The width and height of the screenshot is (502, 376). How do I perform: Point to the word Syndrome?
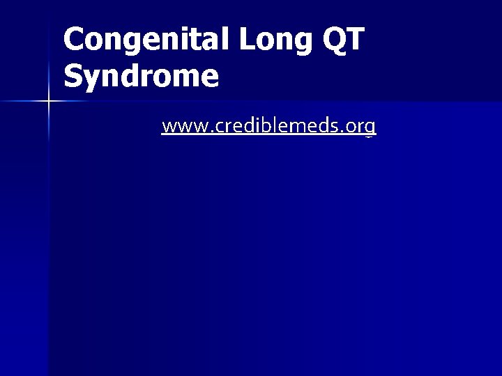[141, 75]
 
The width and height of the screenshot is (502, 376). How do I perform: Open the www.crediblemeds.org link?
[268, 126]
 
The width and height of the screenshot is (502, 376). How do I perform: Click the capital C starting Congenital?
[74, 40]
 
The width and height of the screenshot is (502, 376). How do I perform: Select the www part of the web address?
[179, 127]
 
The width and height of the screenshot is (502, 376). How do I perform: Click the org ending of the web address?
[360, 127]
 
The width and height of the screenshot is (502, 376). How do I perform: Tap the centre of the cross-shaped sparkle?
[48, 102]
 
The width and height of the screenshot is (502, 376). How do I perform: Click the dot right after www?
[199, 131]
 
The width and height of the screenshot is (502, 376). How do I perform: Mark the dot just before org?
[344, 131]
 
